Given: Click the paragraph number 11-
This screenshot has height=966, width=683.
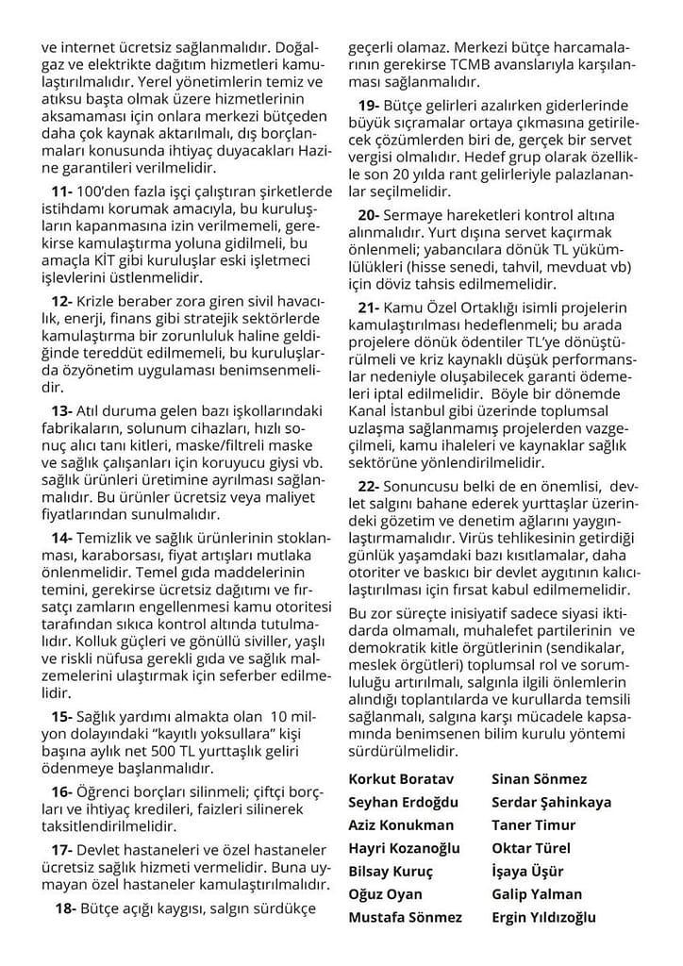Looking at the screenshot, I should coord(63,192).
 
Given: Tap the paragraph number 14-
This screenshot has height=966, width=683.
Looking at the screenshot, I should coord(63,537).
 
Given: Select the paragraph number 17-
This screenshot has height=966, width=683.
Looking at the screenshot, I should coord(63,851).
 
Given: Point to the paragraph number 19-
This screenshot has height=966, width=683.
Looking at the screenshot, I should coord(370,105).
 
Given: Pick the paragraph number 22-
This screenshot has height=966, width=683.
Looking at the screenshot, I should coord(370,486).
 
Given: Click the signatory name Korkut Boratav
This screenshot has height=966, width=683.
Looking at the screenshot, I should coord(401,779).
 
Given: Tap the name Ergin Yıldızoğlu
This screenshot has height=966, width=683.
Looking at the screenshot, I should coord(543,917).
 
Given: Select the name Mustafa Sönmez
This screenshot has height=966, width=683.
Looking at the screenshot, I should coord(406,917).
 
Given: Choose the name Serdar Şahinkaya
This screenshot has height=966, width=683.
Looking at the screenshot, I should coord(551,802).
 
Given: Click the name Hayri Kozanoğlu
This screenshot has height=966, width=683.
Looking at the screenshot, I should coord(405,848).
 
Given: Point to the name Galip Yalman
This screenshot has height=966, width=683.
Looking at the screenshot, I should coord(537,894).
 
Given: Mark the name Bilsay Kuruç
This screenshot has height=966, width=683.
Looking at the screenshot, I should coord(391,871).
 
